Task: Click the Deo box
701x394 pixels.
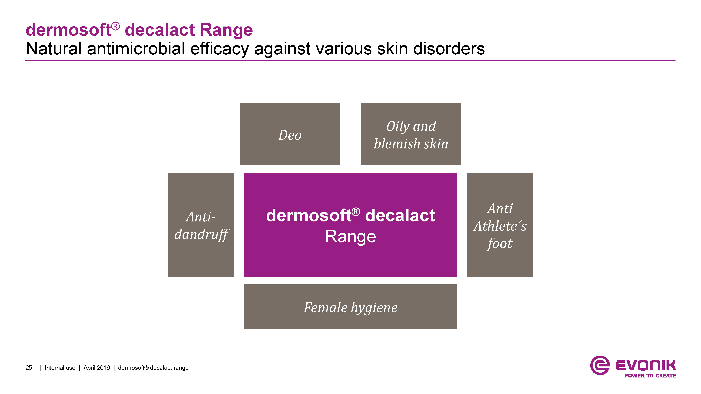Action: (290, 134)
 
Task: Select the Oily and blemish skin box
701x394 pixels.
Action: (411, 134)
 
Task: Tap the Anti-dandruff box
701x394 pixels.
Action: (201, 225)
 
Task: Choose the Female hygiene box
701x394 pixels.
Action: (351, 307)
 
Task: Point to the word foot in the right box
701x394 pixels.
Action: (500, 243)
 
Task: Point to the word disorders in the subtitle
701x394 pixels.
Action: (449, 49)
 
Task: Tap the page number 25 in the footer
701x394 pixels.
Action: (29, 368)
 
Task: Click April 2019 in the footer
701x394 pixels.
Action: (97, 368)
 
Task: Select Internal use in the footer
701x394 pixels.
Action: (60, 368)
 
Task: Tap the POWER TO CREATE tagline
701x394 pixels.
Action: (650, 376)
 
